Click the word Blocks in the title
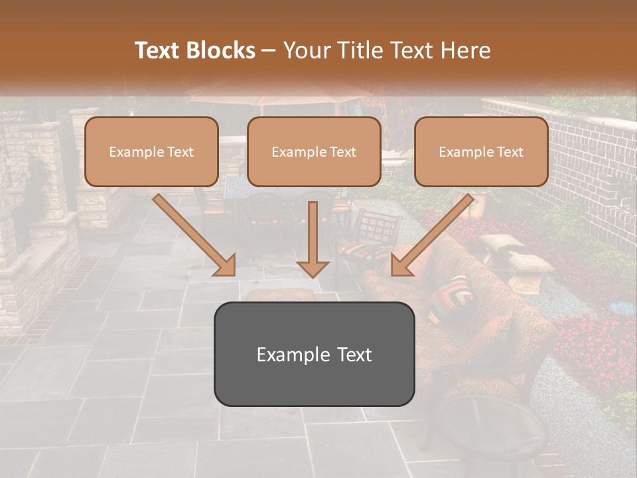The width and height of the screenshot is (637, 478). pyautogui.click(x=221, y=50)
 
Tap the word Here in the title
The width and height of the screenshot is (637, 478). pyautogui.click(x=464, y=50)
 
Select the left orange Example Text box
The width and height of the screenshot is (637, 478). pyautogui.click(x=151, y=151)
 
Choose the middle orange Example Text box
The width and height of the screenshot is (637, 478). pyautogui.click(x=314, y=151)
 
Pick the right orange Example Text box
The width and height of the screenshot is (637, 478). pyautogui.click(x=481, y=151)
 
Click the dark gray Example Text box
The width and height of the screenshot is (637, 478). pyautogui.click(x=314, y=354)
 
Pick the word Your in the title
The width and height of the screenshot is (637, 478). pyautogui.click(x=303, y=50)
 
